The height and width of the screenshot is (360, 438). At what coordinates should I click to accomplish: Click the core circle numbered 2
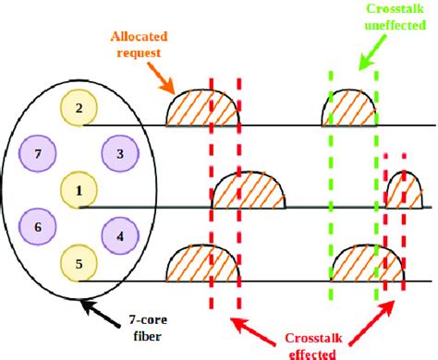[x=79, y=109]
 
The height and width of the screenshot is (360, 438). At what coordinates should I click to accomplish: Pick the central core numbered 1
[x=79, y=190]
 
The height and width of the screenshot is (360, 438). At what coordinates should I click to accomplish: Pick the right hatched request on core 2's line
[x=349, y=109]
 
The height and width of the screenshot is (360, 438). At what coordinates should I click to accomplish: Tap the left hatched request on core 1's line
[x=249, y=192]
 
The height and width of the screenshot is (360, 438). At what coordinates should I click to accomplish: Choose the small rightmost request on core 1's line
[x=402, y=191]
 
